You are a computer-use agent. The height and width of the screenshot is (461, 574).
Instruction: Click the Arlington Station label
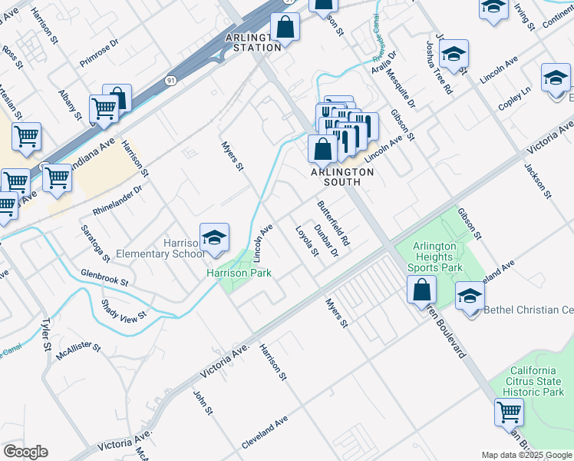pyautogui.click(x=253, y=42)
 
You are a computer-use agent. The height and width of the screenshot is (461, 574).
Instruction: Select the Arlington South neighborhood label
pyautogui.click(x=341, y=172)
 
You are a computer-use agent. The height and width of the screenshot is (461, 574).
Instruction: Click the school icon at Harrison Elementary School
pyautogui.click(x=215, y=237)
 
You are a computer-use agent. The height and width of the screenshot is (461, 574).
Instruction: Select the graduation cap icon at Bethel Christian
pyautogui.click(x=470, y=296)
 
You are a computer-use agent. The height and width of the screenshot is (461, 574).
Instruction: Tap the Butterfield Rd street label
pyautogui.click(x=333, y=223)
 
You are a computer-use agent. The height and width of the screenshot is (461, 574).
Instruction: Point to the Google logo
pyautogui.click(x=25, y=452)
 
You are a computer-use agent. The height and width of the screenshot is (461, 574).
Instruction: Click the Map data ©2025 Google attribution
pyautogui.click(x=526, y=455)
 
